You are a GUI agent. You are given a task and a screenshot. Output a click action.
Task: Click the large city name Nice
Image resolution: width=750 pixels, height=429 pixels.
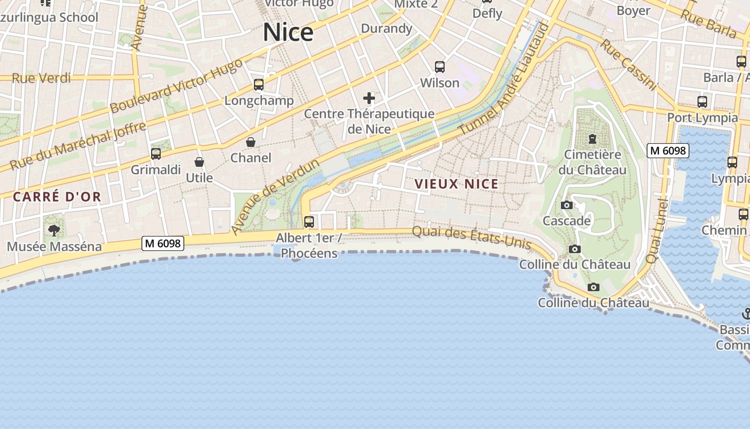pos(288,32)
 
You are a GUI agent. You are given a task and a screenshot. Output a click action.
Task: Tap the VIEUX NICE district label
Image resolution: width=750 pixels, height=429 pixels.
pos(456,184)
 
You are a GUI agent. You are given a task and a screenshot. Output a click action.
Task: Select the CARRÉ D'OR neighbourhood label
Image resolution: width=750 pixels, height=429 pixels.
pos(57,197)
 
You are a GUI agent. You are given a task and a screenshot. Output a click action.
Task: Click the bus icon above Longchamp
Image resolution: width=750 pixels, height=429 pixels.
pos(259,85)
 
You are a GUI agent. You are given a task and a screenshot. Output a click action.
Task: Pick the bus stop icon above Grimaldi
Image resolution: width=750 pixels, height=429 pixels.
pos(156,154)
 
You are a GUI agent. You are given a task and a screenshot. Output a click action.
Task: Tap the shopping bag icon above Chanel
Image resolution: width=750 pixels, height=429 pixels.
pos(250,142)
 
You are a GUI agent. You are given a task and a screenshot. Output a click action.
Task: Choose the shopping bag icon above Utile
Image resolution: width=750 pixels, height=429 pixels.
pos(199,162)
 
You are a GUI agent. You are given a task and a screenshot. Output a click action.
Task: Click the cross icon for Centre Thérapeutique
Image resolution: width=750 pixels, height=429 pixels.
pos(369,98)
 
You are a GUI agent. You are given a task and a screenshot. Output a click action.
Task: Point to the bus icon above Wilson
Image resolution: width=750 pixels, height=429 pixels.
pos(440,67)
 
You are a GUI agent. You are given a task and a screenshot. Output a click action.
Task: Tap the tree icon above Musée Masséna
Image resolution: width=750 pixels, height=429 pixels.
pos(54,231)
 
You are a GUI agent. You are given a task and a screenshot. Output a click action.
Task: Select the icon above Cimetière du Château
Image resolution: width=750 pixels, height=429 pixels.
pos(592,139)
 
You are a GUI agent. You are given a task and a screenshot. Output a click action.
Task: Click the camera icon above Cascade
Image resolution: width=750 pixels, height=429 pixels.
pos(566,205)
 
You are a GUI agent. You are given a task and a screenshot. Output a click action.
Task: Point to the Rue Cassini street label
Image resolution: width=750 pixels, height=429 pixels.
pos(628,64)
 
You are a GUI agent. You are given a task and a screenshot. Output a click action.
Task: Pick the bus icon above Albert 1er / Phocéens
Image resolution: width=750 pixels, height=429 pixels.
pos(309,221)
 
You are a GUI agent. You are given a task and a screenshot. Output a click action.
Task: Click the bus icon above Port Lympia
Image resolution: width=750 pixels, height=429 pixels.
pos(702,101)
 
